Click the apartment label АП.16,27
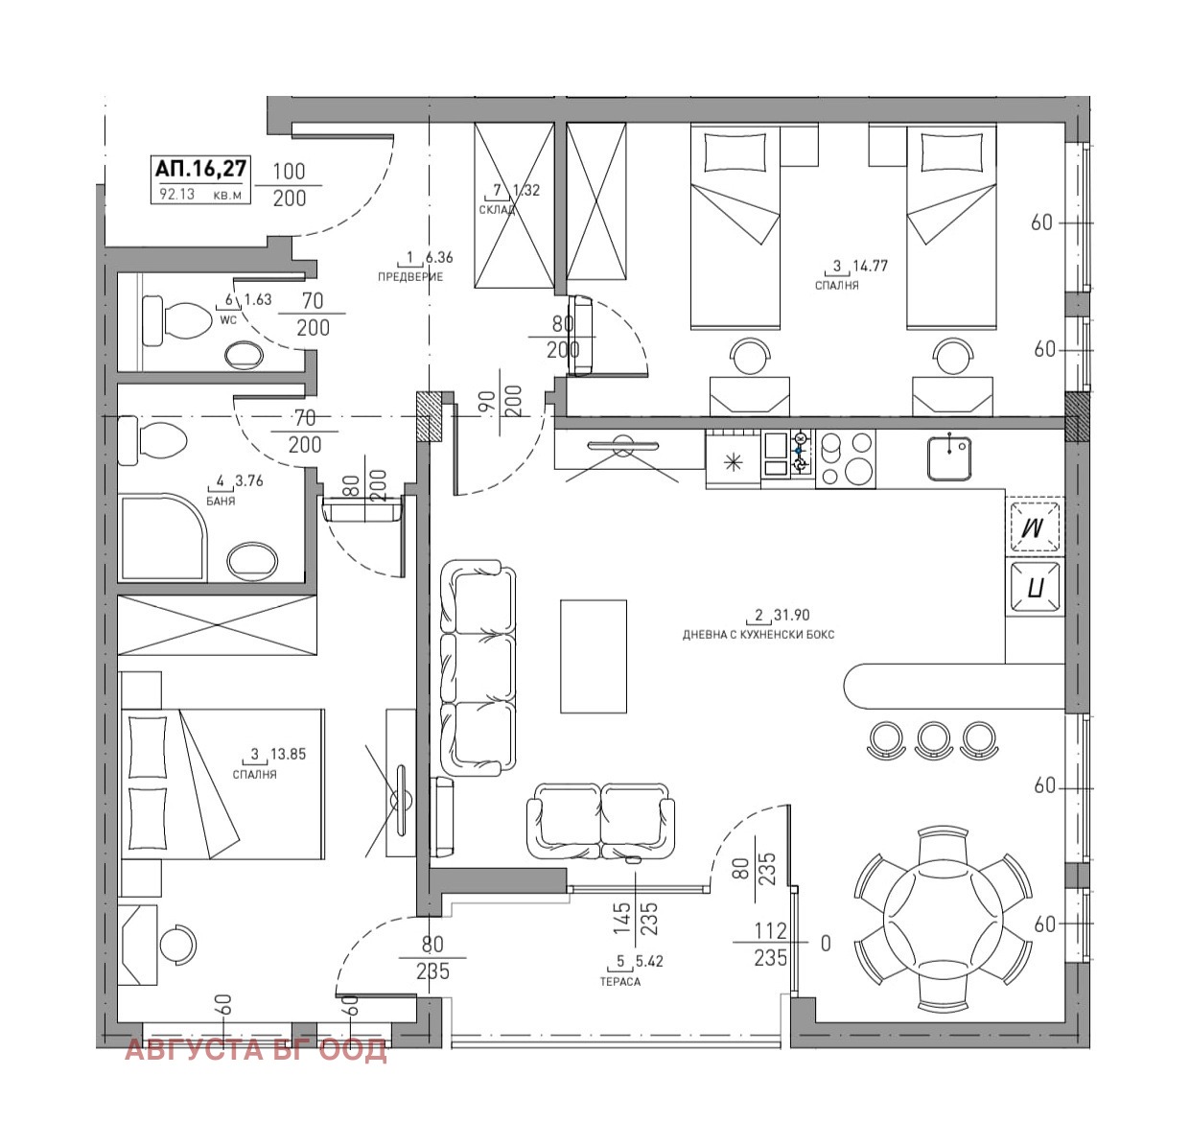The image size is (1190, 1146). pos(200,168)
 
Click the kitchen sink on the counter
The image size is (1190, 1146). pos(949,458)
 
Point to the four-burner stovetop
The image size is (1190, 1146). pos(846,458)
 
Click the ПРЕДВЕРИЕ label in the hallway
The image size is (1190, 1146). pos(410,277)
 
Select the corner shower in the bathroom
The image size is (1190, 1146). pos(163,538)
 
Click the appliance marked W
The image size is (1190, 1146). pos(1034,526)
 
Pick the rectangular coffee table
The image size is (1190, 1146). pos(594,656)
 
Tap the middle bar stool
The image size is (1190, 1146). pos(932,740)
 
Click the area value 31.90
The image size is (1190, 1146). pos(791,615)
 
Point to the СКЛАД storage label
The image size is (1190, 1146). pos(497,210)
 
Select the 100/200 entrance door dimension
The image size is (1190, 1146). pos(289,185)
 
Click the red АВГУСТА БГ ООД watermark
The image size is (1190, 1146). pos(256,1050)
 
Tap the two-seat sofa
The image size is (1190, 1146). pos(601,821)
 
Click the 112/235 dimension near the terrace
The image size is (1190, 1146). pos(770,944)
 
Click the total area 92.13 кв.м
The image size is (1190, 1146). pos(200,195)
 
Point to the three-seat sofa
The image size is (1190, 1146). pos(478,668)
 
